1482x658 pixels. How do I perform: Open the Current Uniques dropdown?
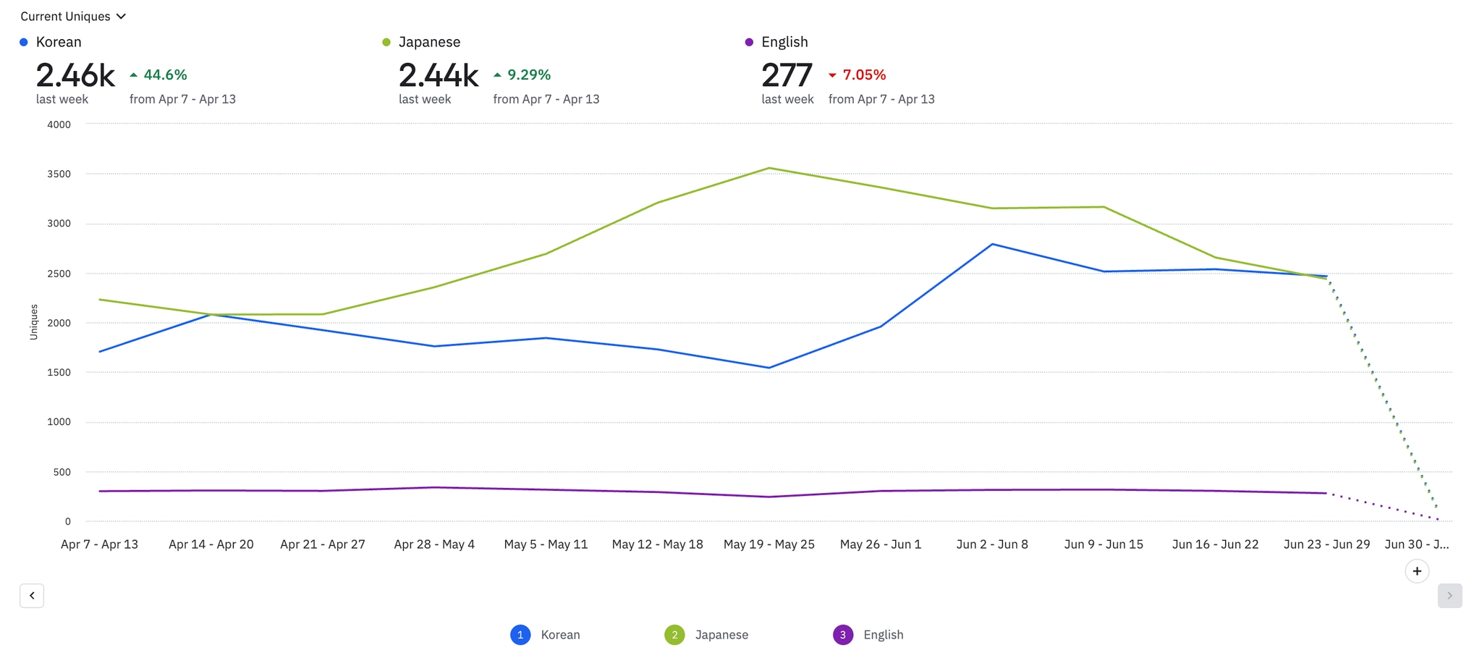click(x=73, y=17)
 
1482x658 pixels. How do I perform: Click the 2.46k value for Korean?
click(x=75, y=75)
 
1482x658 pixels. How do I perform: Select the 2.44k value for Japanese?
click(x=438, y=75)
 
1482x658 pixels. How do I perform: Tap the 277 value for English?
click(x=787, y=75)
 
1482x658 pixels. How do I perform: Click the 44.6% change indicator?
click(x=165, y=75)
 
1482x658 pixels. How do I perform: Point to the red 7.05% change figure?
click(x=864, y=75)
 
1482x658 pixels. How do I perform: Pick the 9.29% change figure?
click(x=528, y=75)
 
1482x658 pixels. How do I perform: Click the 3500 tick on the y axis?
click(x=59, y=174)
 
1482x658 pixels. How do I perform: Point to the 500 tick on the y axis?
click(x=63, y=472)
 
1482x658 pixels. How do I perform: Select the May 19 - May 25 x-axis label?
click(x=768, y=544)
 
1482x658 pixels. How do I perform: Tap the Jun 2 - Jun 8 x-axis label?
click(x=991, y=544)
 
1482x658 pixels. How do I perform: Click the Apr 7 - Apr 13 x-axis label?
click(x=99, y=544)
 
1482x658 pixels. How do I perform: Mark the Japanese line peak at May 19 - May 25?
click(x=768, y=168)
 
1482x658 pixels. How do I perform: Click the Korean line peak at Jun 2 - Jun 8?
click(x=992, y=244)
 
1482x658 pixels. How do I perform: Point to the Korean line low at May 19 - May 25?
click(x=768, y=368)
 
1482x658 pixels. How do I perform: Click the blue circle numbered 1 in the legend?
click(x=520, y=635)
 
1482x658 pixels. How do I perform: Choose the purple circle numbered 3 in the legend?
click(x=842, y=635)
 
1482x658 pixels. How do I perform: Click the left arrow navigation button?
click(x=32, y=596)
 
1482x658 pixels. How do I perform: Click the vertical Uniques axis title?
click(x=33, y=322)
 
